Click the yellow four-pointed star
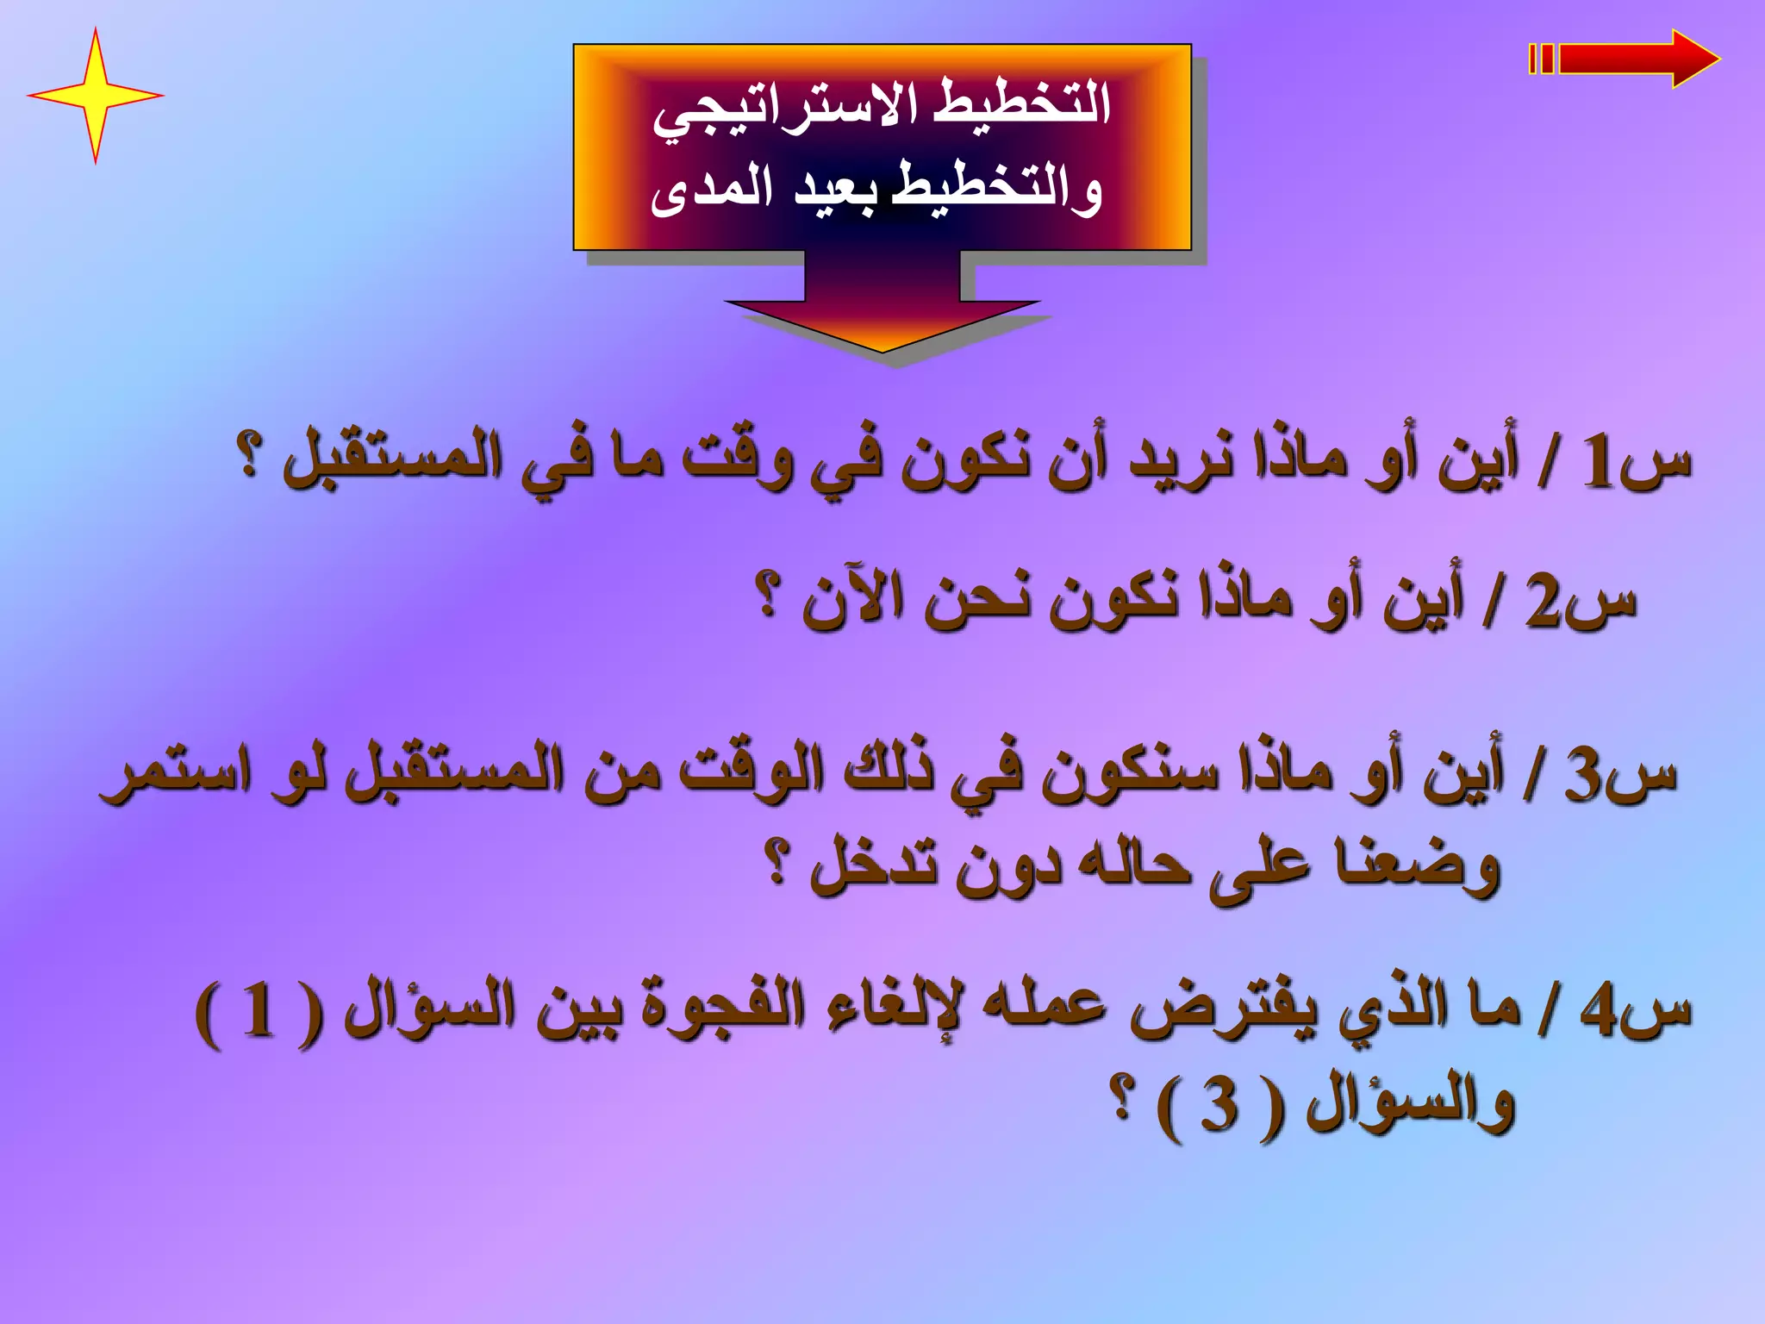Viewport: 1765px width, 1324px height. point(95,95)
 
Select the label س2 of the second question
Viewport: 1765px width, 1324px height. point(1581,601)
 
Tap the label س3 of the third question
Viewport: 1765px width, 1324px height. point(1620,773)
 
